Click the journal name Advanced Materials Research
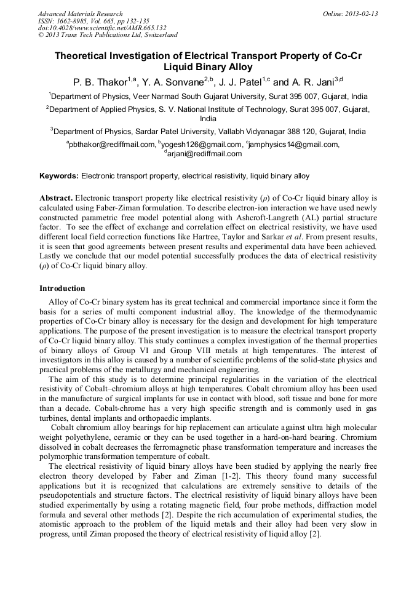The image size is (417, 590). click(x=80, y=14)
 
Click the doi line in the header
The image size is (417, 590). click(x=102, y=28)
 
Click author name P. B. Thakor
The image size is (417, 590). click(x=96, y=82)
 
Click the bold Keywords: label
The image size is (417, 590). click(x=59, y=176)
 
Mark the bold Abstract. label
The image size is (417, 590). click(x=56, y=198)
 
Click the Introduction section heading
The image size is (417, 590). click(x=62, y=289)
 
